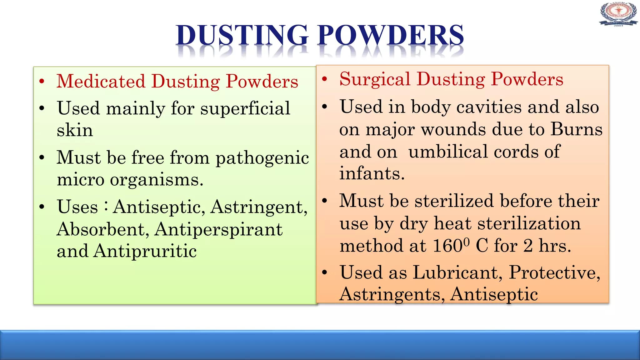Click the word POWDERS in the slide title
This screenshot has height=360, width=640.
click(391, 35)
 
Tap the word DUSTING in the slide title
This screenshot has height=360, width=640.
click(242, 35)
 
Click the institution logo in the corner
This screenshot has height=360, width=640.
click(618, 14)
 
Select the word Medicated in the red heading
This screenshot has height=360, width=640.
click(101, 81)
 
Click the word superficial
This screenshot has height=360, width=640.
click(245, 109)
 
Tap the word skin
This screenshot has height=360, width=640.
click(75, 130)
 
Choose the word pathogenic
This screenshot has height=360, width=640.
click(262, 158)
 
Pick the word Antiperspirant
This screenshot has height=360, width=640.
click(218, 230)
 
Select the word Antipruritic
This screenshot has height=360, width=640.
click(145, 251)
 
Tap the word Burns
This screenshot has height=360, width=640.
click(576, 129)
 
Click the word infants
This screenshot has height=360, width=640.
click(372, 173)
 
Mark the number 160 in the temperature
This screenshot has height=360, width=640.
click(447, 246)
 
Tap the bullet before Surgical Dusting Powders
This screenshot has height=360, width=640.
click(325, 79)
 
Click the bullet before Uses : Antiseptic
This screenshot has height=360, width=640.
click(42, 207)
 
